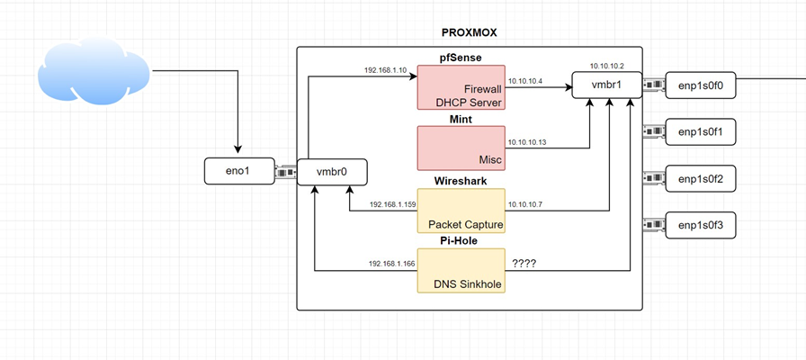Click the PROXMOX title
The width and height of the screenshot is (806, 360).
pos(469,32)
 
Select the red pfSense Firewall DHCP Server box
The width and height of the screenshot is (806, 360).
pos(461,87)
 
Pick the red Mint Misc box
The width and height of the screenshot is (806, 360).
pos(461,148)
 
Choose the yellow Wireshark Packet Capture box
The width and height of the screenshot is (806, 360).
pos(461,210)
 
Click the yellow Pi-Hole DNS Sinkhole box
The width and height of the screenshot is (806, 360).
pos(461,271)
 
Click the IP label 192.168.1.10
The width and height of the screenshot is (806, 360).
pos(385,70)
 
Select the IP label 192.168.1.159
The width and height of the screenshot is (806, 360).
pos(392,205)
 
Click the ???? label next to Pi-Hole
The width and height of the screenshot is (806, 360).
pos(525,264)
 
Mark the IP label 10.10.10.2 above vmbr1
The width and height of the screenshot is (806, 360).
pos(608,66)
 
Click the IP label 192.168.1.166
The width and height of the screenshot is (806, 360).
pos(392,264)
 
